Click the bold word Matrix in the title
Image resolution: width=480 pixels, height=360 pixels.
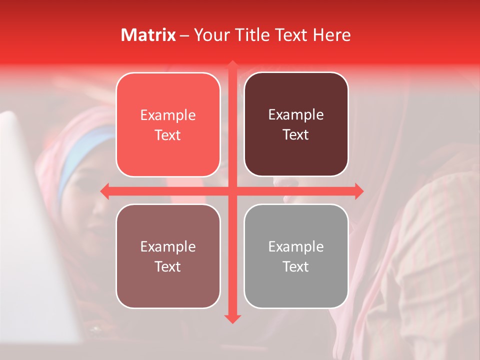(x=148, y=35)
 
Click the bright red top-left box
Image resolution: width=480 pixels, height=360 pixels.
(x=168, y=124)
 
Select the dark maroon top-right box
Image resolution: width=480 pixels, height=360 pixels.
(x=296, y=124)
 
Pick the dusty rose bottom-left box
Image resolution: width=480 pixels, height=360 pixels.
(x=168, y=256)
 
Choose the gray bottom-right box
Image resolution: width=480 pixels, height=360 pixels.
(x=296, y=256)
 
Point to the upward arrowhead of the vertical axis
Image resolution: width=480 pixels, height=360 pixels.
(x=232, y=64)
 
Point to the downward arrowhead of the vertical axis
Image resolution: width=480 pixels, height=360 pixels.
(x=232, y=318)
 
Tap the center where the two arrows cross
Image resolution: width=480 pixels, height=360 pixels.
(x=232, y=191)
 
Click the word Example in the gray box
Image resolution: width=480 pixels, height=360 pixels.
(x=296, y=246)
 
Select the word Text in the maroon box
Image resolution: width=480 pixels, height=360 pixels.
(x=296, y=135)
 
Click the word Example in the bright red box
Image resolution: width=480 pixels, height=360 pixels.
(x=168, y=115)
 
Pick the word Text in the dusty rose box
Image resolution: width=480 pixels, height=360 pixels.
(x=168, y=266)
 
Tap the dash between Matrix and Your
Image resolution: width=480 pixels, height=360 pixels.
(x=184, y=35)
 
